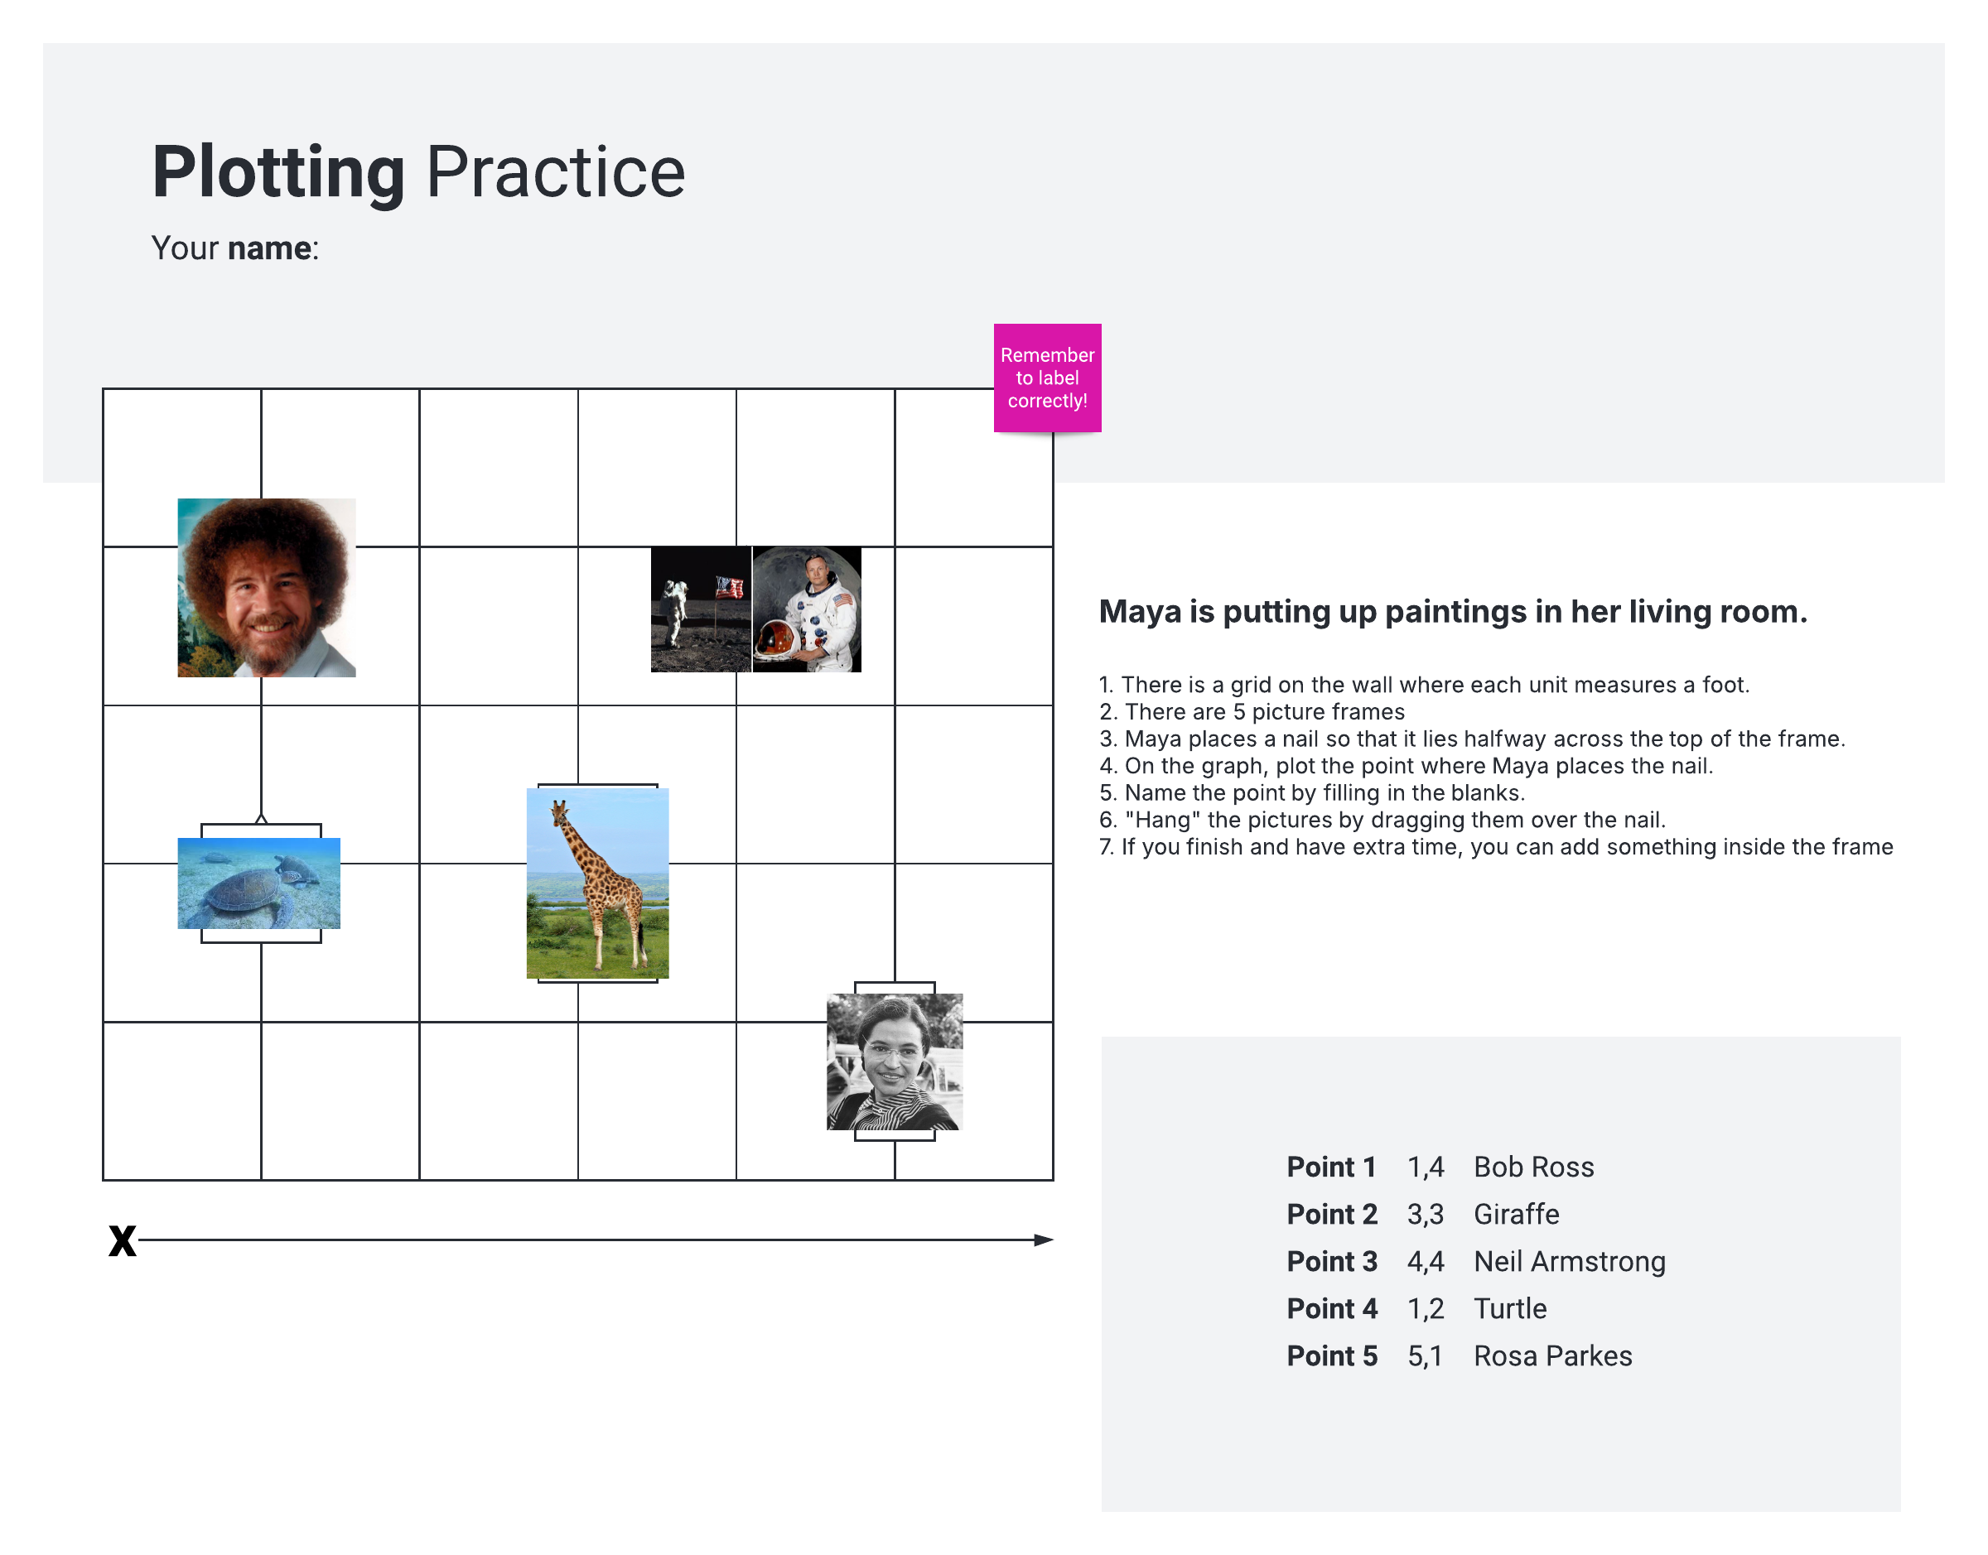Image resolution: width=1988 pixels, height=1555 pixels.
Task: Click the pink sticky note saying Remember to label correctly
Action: (1046, 377)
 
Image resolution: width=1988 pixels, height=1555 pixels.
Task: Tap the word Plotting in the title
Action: (278, 172)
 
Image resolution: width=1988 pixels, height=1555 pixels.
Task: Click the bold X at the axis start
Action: (122, 1240)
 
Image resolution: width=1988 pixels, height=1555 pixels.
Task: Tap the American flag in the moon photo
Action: (730, 587)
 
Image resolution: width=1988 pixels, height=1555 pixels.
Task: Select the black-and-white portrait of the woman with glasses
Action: (895, 1061)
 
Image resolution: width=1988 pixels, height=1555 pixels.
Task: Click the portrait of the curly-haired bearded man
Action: (266, 587)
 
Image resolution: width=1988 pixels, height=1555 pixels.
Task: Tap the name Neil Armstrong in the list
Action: (1569, 1261)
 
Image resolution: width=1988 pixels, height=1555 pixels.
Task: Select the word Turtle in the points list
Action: (1510, 1308)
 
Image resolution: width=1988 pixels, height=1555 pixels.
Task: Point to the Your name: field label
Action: (235, 248)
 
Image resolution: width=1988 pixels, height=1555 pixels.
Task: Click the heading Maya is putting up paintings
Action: (1453, 611)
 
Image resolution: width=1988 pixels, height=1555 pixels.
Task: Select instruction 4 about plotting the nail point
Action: (1405, 766)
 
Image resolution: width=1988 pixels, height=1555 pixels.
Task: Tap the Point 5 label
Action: (1331, 1355)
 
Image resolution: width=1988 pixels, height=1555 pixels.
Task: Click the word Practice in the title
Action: (556, 172)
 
